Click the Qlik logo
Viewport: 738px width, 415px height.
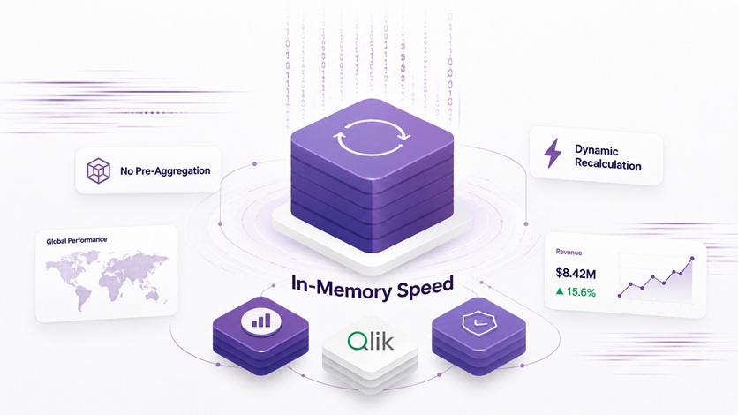tap(371, 341)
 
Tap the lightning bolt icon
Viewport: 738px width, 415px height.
tap(553, 153)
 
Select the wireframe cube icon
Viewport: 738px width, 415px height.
tap(98, 170)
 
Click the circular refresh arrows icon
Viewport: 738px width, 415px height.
tap(372, 137)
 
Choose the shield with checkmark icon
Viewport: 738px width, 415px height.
tap(478, 323)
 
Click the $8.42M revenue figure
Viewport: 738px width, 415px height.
tap(576, 273)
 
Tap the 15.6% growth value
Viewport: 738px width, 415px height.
tap(581, 292)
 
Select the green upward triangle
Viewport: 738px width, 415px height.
tap(560, 291)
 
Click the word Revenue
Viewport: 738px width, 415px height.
tap(569, 253)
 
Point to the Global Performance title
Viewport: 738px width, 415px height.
tap(77, 241)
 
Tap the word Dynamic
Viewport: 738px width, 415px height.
tap(597, 151)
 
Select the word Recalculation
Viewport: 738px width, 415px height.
tap(608, 164)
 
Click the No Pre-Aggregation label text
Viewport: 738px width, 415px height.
tap(165, 171)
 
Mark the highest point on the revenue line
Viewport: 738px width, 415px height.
tap(692, 259)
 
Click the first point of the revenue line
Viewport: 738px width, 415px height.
tap(620, 296)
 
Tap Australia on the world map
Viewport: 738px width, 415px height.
tap(153, 295)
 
